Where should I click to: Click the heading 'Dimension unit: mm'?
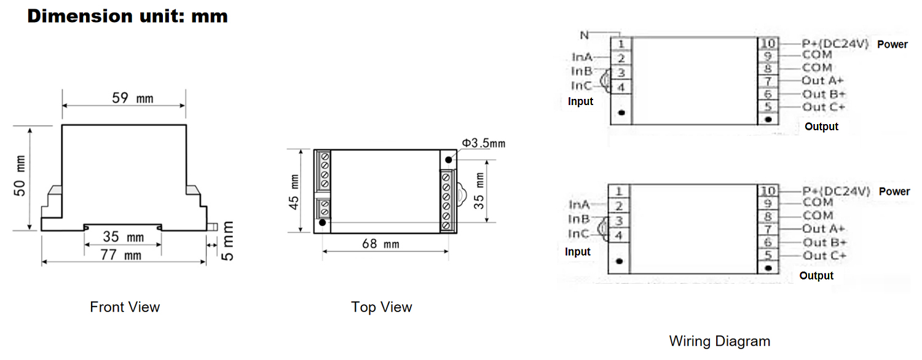tap(127, 17)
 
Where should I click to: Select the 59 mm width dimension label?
tap(133, 98)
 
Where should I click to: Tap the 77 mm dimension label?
tap(121, 255)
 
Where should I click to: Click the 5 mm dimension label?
tap(227, 240)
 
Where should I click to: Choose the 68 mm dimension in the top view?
tap(380, 244)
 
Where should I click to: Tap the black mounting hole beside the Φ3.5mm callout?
tap(449, 160)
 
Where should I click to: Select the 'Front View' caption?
tap(125, 307)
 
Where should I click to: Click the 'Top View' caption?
tap(382, 307)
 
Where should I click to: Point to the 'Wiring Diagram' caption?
tap(719, 341)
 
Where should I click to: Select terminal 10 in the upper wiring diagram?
tap(768, 44)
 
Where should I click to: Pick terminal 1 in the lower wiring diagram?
tap(620, 192)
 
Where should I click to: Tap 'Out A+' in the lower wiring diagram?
tap(824, 229)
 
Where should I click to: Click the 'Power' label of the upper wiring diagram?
tap(892, 44)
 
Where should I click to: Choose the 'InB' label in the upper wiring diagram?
tap(582, 72)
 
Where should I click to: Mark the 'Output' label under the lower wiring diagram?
tap(816, 276)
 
